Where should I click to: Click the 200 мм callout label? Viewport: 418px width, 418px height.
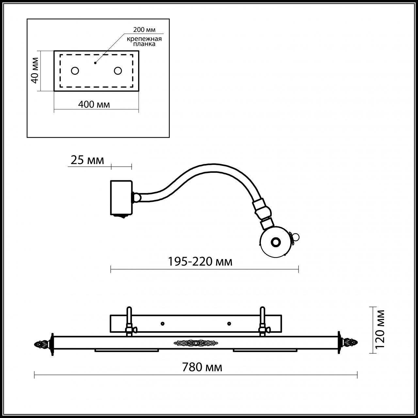pos(144,30)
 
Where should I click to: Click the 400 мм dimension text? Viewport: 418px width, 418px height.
pos(94,104)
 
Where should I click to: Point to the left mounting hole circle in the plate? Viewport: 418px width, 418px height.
pos(75,71)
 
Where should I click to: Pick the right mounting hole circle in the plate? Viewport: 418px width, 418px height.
pos(118,71)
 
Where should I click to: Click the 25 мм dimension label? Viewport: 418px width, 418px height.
pos(87,160)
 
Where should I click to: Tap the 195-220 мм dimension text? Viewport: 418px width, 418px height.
pos(200,262)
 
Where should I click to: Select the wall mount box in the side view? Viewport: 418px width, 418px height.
pos(121,198)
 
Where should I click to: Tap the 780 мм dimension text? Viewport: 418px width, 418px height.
pos(202,367)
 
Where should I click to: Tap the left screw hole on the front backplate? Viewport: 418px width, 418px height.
pos(162,324)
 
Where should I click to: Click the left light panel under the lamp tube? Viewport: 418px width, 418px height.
pos(127,350)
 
